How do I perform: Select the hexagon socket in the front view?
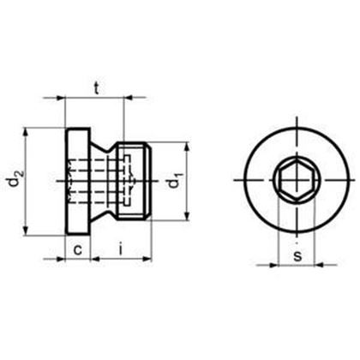[293, 182]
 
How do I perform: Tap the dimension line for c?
[79, 259]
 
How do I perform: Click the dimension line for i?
[122, 259]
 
